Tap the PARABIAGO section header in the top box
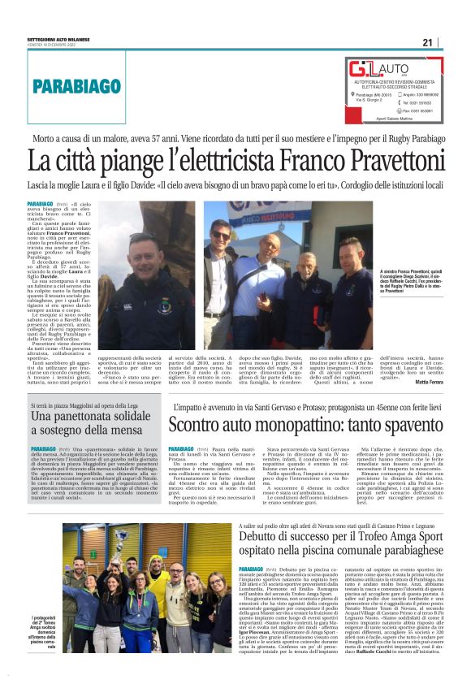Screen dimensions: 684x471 (x=74, y=84)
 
